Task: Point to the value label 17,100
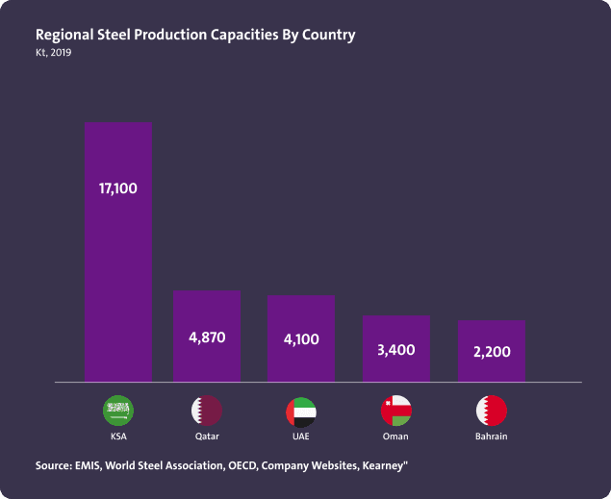point(117,188)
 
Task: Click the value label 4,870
point(206,337)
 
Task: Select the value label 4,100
point(300,339)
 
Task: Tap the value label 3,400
point(395,349)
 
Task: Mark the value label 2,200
point(491,352)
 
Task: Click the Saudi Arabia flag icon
point(118,412)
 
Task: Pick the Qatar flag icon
point(206,412)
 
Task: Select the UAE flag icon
point(300,412)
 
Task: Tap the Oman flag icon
point(395,412)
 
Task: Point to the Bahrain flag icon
point(491,412)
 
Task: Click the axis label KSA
point(118,437)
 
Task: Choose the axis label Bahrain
point(491,437)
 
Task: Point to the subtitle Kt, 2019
point(53,53)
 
